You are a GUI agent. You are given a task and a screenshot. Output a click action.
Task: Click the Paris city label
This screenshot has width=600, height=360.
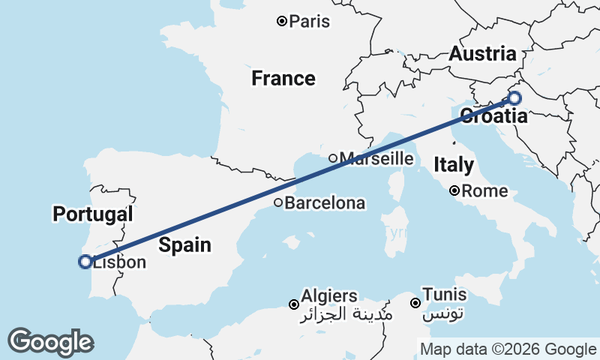pyautogui.click(x=309, y=22)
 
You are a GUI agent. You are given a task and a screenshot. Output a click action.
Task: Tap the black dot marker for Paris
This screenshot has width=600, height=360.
pyautogui.click(x=282, y=21)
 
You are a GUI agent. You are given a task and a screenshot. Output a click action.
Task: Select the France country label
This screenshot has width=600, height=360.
pyautogui.click(x=283, y=78)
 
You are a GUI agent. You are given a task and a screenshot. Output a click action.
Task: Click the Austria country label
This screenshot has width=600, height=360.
pyautogui.click(x=482, y=54)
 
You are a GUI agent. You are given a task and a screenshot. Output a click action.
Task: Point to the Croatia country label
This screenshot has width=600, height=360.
pyautogui.click(x=493, y=116)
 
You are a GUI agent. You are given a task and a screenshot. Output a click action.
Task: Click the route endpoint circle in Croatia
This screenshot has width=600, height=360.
pyautogui.click(x=514, y=97)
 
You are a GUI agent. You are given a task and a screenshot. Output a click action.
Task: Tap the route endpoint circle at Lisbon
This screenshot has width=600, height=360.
pyautogui.click(x=85, y=262)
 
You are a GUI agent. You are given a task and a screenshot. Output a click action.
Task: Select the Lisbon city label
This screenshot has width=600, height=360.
pyautogui.click(x=119, y=262)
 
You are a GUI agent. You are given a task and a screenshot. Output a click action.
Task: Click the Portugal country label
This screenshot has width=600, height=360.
pyautogui.click(x=92, y=214)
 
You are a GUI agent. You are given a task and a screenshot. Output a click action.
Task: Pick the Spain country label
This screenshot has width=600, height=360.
pyautogui.click(x=184, y=245)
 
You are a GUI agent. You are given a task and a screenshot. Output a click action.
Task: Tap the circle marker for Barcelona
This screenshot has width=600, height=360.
pyautogui.click(x=277, y=202)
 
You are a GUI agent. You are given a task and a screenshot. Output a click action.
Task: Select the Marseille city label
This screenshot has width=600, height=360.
pyautogui.click(x=376, y=158)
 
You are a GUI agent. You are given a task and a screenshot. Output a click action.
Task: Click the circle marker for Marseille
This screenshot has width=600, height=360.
pyautogui.click(x=333, y=158)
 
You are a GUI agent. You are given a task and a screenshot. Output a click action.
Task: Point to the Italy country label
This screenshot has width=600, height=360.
pyautogui.click(x=455, y=164)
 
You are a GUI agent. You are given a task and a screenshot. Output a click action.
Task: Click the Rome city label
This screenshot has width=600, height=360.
pyautogui.click(x=484, y=191)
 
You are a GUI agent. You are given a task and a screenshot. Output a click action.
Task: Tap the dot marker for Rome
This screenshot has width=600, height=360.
pyautogui.click(x=454, y=190)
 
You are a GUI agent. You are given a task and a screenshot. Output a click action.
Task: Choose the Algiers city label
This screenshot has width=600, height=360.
pyautogui.click(x=328, y=296)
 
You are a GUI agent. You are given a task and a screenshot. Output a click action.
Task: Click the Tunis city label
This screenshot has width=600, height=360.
pyautogui.click(x=444, y=295)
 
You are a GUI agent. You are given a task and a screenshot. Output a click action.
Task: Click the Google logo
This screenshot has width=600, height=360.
pyautogui.click(x=50, y=342)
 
